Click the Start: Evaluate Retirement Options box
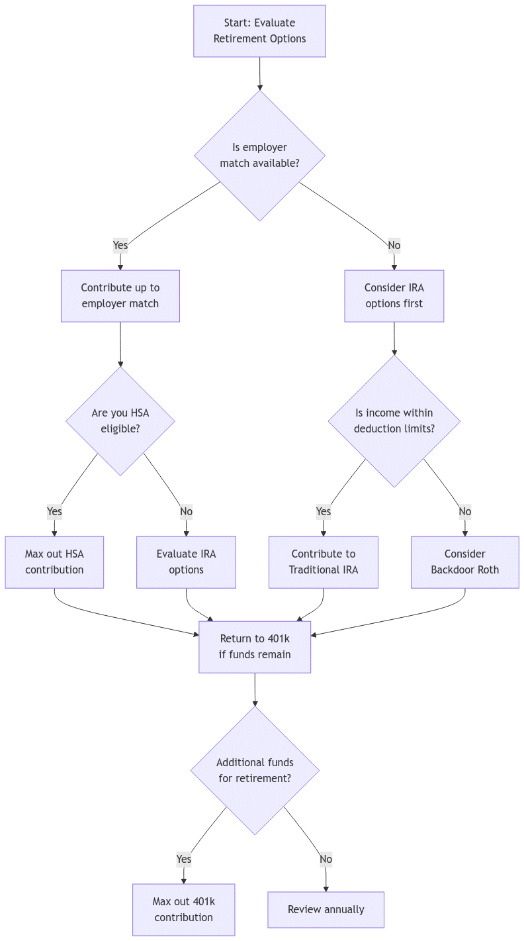(x=259, y=31)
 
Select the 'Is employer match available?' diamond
(x=259, y=156)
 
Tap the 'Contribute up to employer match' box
(x=120, y=296)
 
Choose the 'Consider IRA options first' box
(x=394, y=296)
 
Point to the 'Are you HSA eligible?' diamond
(x=120, y=421)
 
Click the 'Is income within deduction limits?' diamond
(x=394, y=421)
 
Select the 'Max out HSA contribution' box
(x=54, y=562)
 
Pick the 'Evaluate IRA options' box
(x=186, y=562)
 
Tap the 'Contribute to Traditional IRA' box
(x=323, y=562)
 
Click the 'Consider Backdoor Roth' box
(x=464, y=562)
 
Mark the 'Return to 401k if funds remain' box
(x=255, y=646)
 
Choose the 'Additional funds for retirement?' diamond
(x=255, y=770)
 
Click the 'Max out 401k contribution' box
(x=183, y=909)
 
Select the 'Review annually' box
(x=326, y=909)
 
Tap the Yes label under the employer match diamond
(x=120, y=246)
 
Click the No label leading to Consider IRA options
(x=394, y=246)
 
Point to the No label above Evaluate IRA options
(x=186, y=511)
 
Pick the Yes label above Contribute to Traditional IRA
(x=323, y=511)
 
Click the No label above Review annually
(x=326, y=859)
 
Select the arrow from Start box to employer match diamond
(x=259, y=74)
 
